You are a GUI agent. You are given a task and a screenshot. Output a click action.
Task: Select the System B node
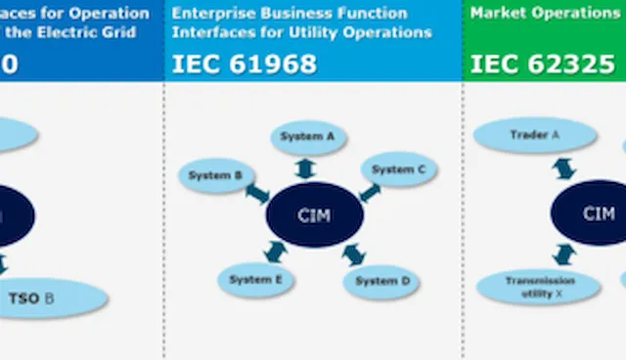215,175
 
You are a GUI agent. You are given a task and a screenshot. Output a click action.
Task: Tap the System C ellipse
399,169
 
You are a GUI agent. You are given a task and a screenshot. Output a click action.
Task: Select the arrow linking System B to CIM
257,194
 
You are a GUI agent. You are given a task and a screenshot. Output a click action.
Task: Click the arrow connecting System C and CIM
370,192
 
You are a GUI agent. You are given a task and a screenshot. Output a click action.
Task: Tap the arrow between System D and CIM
354,256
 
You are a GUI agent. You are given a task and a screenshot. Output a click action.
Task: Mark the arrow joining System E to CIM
276,253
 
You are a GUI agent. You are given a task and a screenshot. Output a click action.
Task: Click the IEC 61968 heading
245,64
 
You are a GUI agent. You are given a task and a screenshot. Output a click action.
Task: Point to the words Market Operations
545,14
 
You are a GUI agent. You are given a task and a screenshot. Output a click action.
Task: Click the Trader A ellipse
534,135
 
